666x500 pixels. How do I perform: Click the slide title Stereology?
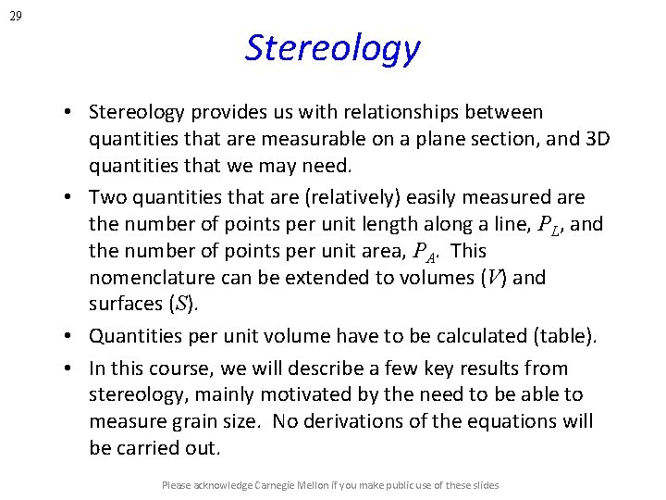(x=332, y=47)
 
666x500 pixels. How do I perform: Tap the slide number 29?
(x=16, y=14)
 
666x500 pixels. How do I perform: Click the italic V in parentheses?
(x=494, y=277)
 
